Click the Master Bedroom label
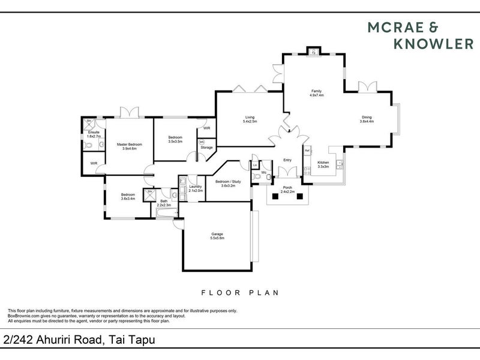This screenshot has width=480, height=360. (x=130, y=144)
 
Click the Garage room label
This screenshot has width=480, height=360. (x=217, y=235)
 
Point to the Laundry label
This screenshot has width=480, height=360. (x=196, y=187)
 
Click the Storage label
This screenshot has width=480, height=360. (x=206, y=147)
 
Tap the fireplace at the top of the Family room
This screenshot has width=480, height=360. (x=313, y=52)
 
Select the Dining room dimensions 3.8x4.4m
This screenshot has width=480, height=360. (x=367, y=122)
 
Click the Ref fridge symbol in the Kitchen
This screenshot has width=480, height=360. (x=306, y=150)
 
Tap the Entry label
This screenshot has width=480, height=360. (x=287, y=160)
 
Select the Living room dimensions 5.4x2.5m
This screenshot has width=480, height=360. (x=250, y=122)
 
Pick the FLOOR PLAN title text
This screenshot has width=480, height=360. (x=239, y=293)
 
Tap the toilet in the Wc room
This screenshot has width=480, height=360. (x=257, y=175)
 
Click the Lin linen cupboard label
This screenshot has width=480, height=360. (x=255, y=164)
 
